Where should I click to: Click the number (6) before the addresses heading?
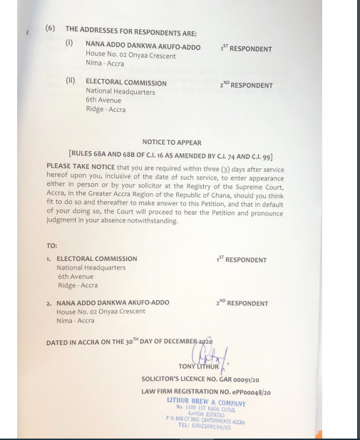tap(51, 29)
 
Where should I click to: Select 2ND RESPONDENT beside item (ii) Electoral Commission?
tap(246, 85)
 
